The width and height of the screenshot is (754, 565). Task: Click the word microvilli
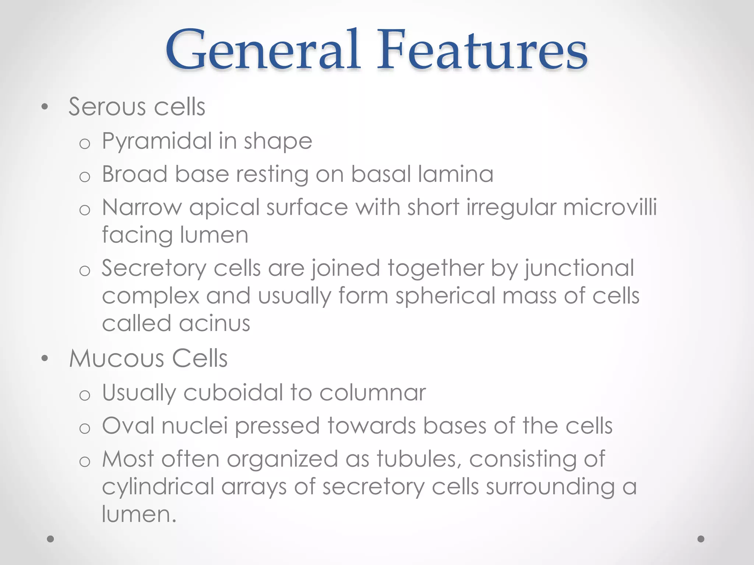click(610, 207)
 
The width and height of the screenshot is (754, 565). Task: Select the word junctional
click(579, 268)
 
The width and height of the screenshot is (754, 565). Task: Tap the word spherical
click(445, 296)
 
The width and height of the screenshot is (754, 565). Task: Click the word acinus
click(214, 324)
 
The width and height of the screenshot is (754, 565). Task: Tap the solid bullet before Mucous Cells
click(45, 358)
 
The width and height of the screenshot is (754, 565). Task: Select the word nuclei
click(194, 426)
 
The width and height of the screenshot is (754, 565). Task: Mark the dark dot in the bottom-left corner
click(50, 539)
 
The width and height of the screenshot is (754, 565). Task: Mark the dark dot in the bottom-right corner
click(701, 539)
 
